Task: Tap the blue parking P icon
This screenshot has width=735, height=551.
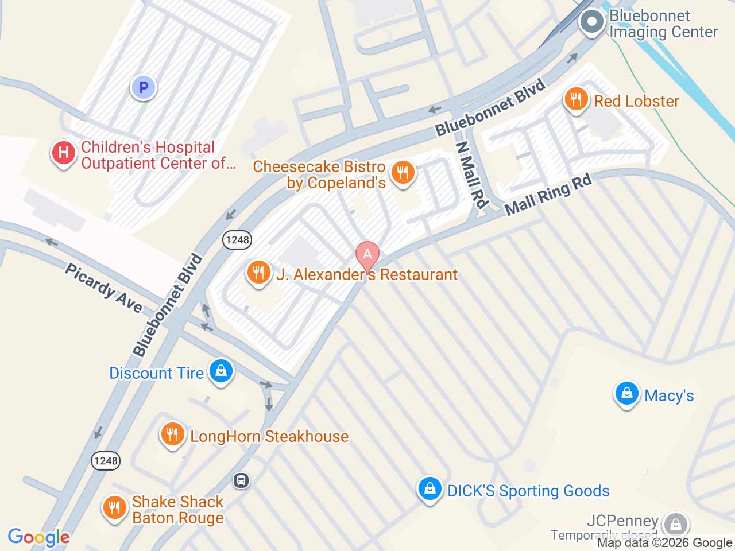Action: click(x=144, y=88)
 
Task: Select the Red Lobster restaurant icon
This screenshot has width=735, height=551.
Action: click(x=576, y=100)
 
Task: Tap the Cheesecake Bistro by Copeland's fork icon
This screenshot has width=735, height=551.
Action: click(x=403, y=173)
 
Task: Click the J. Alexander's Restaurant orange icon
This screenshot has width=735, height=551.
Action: click(x=258, y=272)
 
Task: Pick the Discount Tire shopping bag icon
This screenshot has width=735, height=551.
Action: click(x=221, y=371)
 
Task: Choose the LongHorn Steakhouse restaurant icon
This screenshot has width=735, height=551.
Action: click(x=172, y=434)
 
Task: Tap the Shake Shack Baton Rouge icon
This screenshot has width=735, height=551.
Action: click(x=115, y=508)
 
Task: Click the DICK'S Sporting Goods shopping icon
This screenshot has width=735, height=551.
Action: click(x=430, y=489)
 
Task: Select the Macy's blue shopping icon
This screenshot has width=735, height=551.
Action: click(x=626, y=394)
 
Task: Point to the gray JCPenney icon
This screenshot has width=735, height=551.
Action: click(x=675, y=523)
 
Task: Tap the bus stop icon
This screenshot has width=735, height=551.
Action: click(x=241, y=480)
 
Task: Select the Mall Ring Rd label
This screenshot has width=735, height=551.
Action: click(x=548, y=195)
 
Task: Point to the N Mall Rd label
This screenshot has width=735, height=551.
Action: click(x=472, y=174)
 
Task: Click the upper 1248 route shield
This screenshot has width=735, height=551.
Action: click(x=237, y=240)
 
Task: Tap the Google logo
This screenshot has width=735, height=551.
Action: click(x=39, y=538)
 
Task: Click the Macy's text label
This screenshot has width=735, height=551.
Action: click(x=669, y=395)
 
